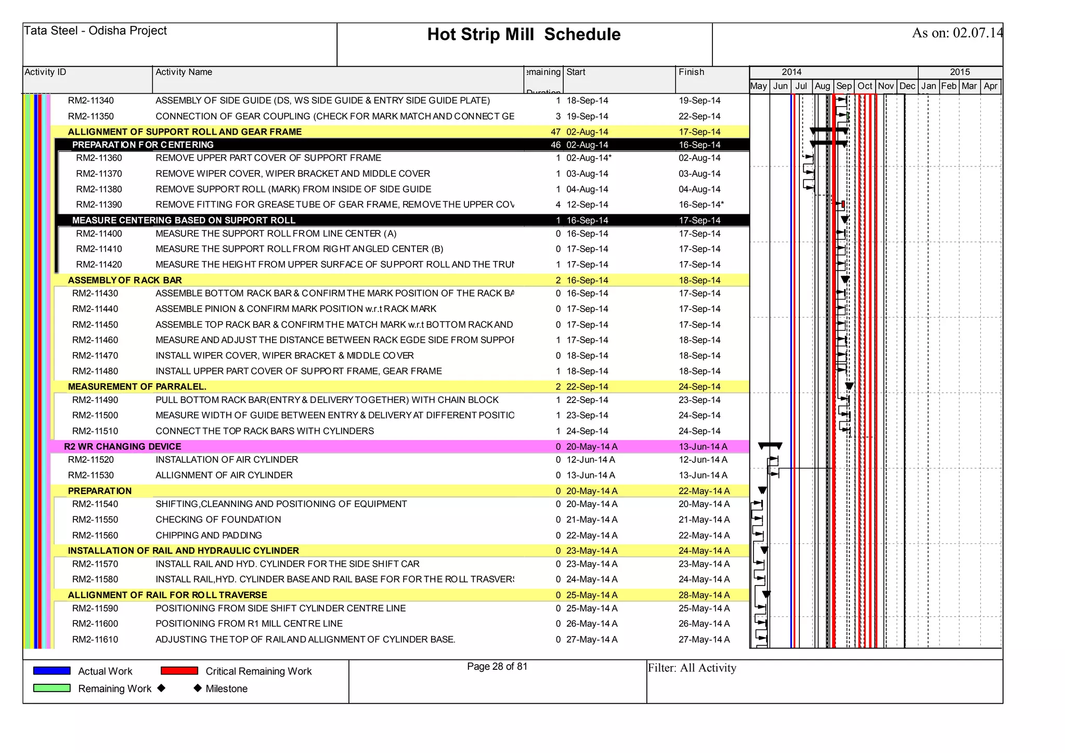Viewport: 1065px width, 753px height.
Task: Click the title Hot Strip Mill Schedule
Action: tap(524, 34)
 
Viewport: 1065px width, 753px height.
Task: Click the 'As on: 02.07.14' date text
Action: tap(957, 33)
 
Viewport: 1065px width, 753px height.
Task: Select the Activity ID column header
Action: tap(46, 72)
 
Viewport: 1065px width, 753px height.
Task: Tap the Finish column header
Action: tap(691, 72)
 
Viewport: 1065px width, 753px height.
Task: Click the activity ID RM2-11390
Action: tap(99, 205)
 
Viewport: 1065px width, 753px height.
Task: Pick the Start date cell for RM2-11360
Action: tap(588, 158)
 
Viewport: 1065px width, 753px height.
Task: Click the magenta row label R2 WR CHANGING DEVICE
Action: tap(122, 447)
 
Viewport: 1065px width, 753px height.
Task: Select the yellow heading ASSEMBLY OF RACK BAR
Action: tap(125, 280)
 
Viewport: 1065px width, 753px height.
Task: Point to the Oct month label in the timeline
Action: tap(865, 86)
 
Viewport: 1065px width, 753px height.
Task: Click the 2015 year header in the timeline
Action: tap(959, 72)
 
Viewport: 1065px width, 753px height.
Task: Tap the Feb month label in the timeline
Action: tap(949, 86)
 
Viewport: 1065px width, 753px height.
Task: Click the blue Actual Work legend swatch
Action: tap(52, 671)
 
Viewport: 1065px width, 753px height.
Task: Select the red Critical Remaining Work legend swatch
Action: tap(179, 671)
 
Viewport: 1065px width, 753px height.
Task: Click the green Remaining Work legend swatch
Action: tap(52, 688)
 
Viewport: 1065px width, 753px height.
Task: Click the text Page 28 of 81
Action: tap(497, 667)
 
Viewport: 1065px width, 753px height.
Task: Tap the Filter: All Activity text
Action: tap(692, 668)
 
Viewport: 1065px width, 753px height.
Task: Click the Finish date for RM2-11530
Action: tap(703, 475)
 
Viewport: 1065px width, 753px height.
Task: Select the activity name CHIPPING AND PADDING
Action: tap(209, 536)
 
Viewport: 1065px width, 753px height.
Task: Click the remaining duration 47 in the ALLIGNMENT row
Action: tap(555, 132)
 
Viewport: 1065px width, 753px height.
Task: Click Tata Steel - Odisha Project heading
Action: tap(95, 31)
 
